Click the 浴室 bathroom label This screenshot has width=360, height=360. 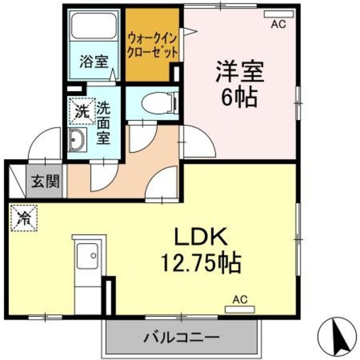(93, 61)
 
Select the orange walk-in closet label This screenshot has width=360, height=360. (152, 44)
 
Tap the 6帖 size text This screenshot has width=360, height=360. (238, 98)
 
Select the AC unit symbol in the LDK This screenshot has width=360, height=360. (240, 309)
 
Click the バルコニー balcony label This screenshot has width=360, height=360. (181, 337)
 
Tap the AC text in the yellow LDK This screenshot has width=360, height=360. (240, 299)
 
